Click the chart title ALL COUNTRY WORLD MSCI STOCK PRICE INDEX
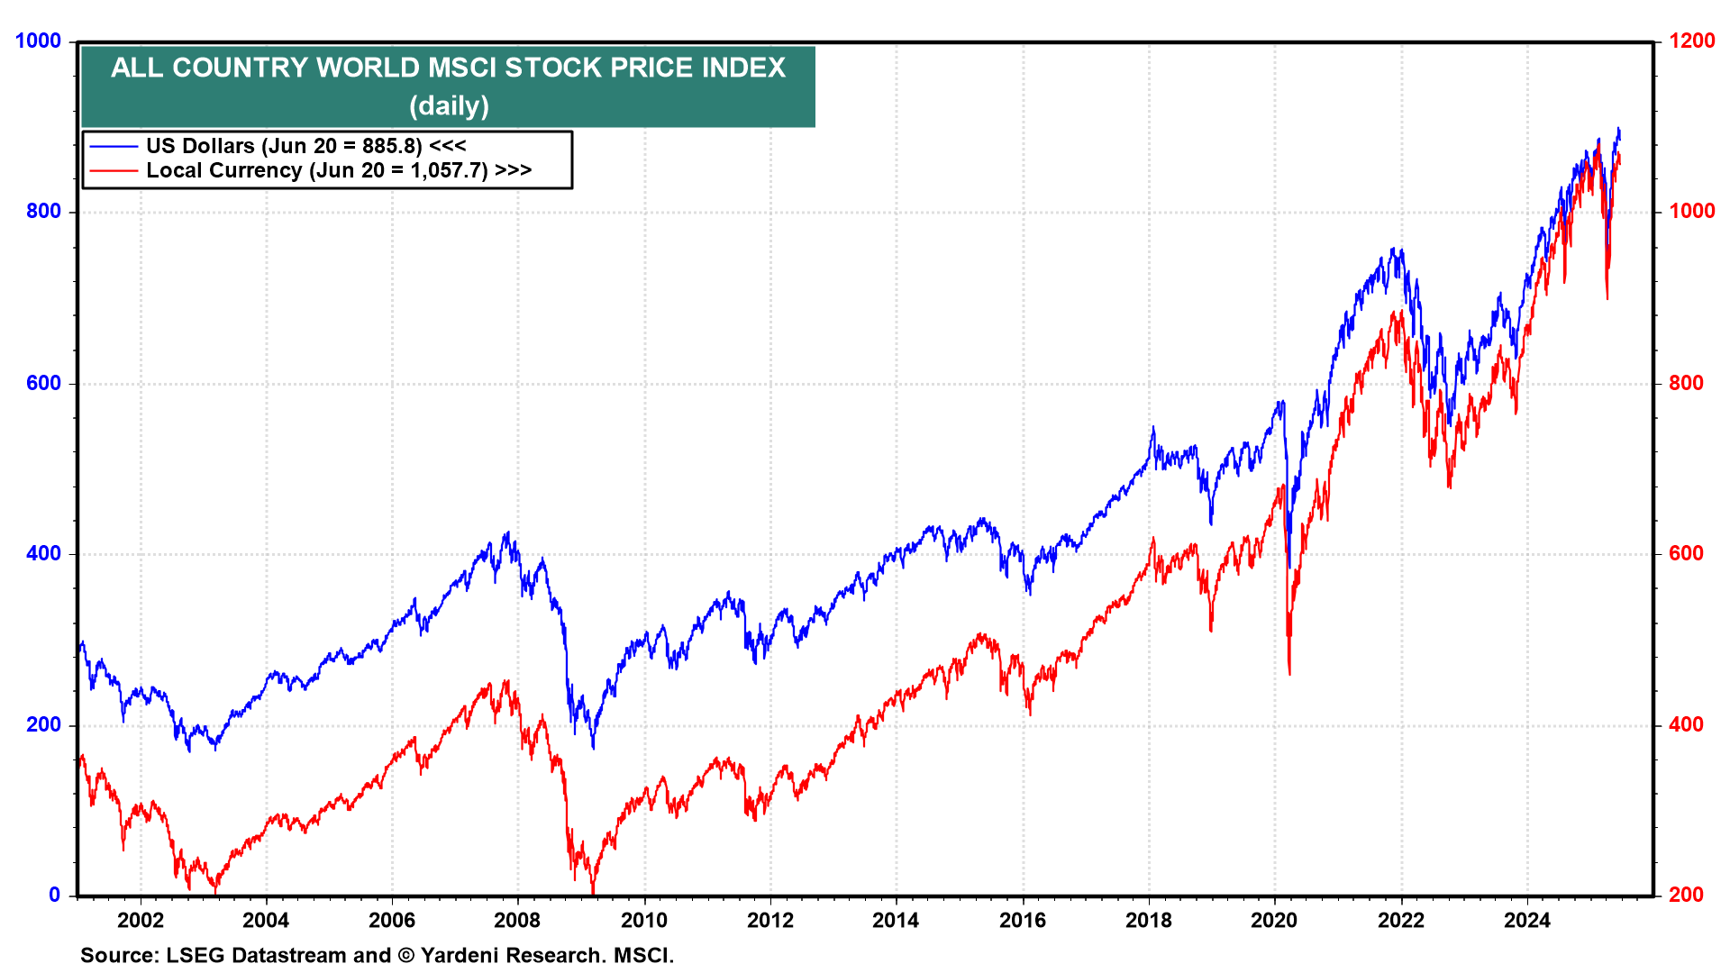[x=448, y=68]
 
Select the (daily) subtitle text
[x=449, y=105]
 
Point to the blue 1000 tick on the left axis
[x=38, y=41]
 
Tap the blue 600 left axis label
[x=43, y=383]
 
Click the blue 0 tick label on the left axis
[x=55, y=895]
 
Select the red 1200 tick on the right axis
[x=1691, y=41]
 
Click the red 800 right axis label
[x=1686, y=383]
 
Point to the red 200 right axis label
[x=1686, y=895]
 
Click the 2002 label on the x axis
[x=141, y=921]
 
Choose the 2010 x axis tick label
[x=644, y=921]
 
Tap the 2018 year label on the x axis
[x=1149, y=921]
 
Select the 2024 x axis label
[x=1527, y=921]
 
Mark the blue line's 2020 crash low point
[x=1288, y=568]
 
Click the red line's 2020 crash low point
[x=1289, y=674]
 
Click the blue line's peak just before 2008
[x=507, y=532]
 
